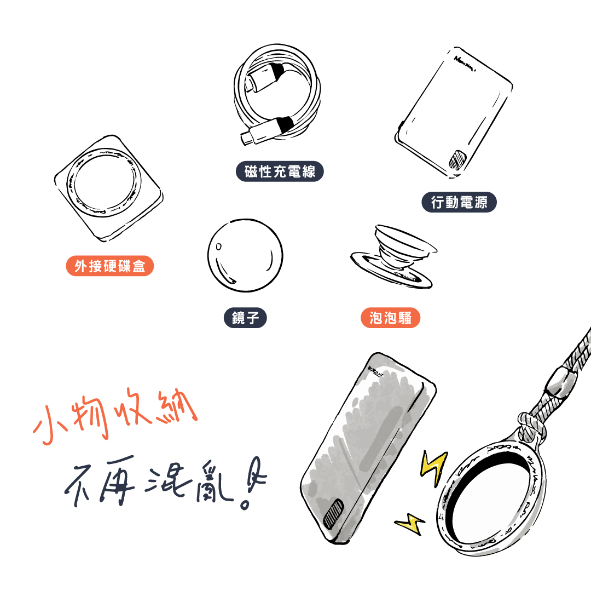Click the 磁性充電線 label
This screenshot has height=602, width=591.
[280, 171]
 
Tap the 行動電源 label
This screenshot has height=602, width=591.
[459, 202]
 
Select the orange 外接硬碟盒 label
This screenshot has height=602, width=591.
[109, 266]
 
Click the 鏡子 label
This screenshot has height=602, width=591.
[245, 318]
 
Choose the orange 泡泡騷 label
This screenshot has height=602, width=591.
[390, 318]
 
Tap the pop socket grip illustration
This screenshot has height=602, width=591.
[393, 256]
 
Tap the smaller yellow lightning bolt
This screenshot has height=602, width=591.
[410, 524]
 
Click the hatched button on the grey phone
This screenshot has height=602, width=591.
[333, 513]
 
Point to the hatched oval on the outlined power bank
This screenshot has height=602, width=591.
[457, 160]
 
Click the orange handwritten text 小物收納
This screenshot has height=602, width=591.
[115, 416]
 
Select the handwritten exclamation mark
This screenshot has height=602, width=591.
[253, 483]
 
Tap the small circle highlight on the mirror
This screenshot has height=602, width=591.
[218, 246]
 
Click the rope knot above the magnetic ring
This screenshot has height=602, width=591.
[531, 427]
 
